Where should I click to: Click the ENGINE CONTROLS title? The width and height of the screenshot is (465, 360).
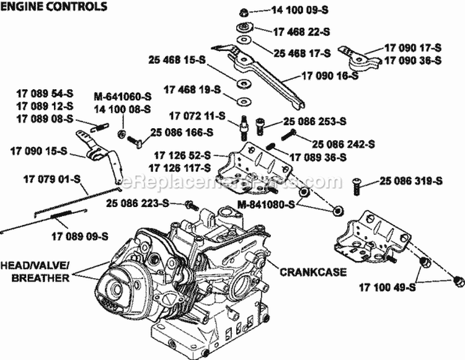(x=55, y=7)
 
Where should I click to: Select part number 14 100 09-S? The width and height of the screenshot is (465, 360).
(x=288, y=11)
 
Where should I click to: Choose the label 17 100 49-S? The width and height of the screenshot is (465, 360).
(x=387, y=286)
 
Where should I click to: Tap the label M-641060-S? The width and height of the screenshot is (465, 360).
(x=123, y=97)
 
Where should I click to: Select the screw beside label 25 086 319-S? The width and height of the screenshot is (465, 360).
(x=357, y=183)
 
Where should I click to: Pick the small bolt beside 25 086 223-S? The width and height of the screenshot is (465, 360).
(x=190, y=204)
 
